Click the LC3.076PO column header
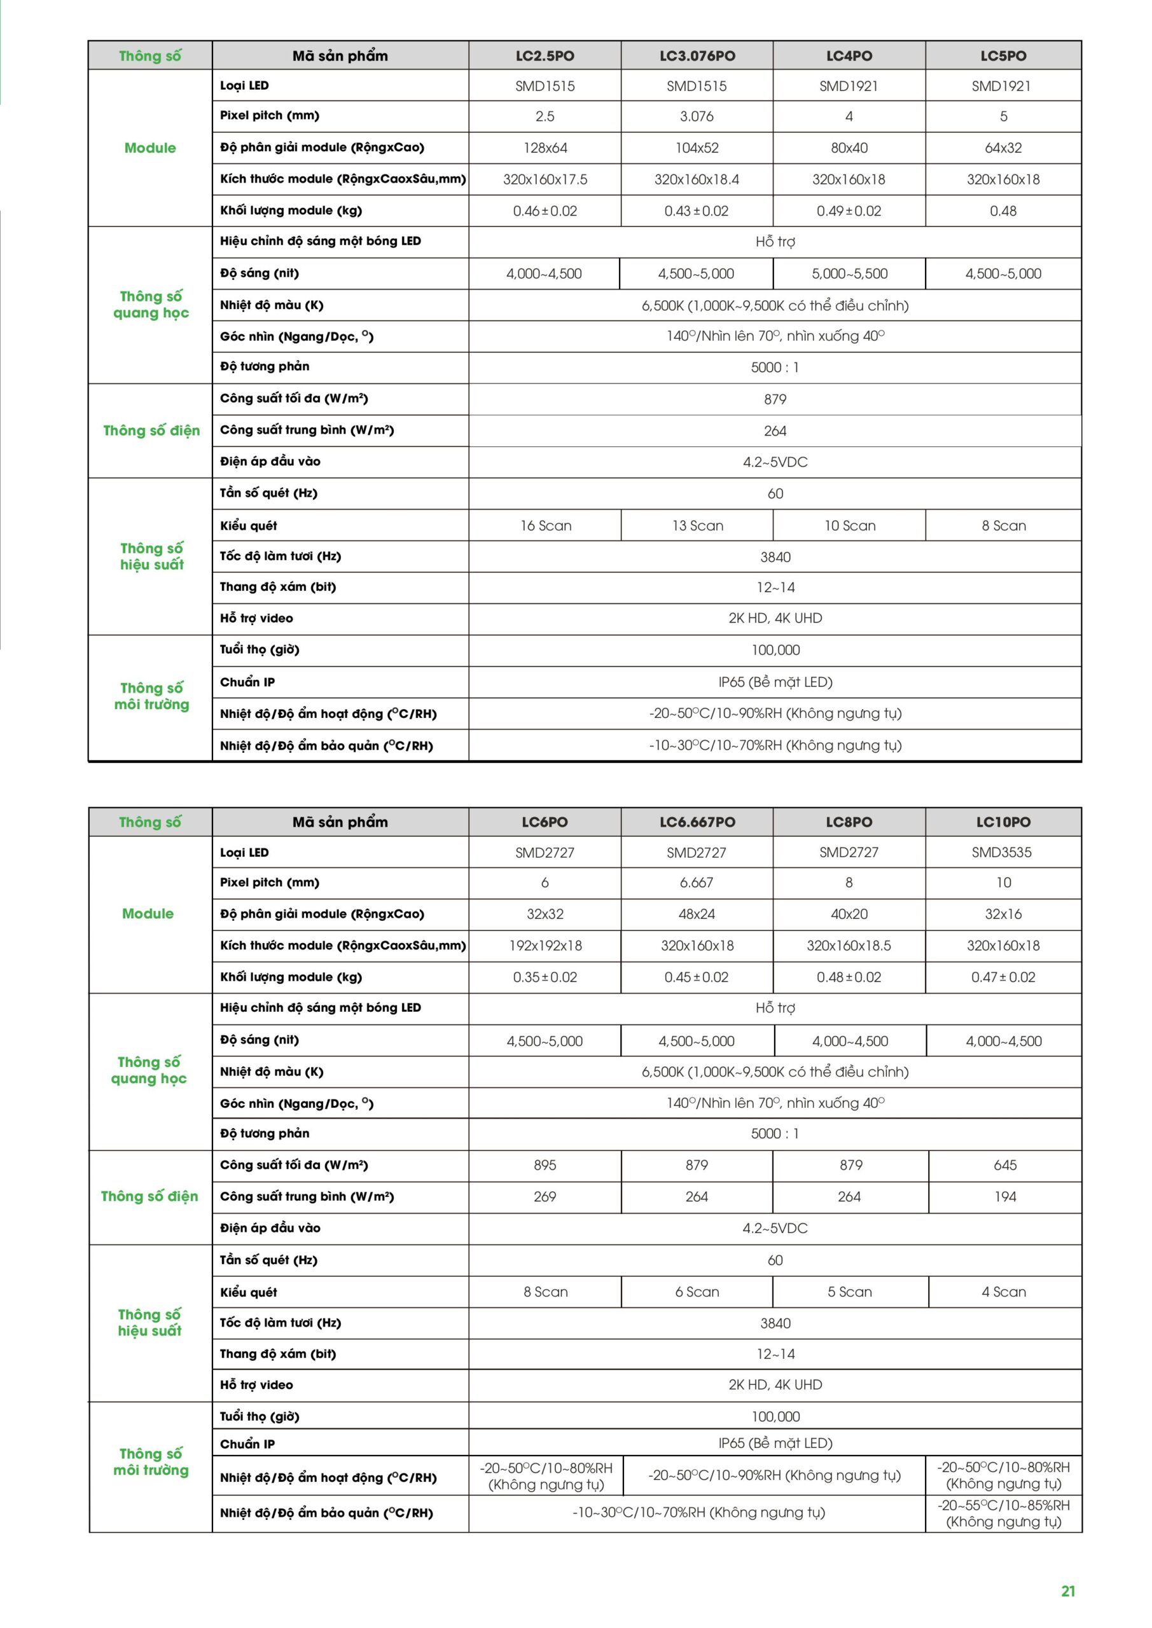(x=697, y=56)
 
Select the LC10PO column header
(x=1003, y=822)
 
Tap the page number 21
(x=1067, y=1591)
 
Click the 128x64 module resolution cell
(x=545, y=148)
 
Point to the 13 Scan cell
(x=697, y=525)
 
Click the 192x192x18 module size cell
(x=545, y=945)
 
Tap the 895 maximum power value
(x=545, y=1165)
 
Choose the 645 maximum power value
(x=1004, y=1165)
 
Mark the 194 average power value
(x=1004, y=1197)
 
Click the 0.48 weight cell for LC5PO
(x=1003, y=210)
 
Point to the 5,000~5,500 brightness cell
(x=849, y=273)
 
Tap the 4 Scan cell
(x=1004, y=1292)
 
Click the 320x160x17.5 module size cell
(x=545, y=179)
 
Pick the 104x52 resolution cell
(x=697, y=148)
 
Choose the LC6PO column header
(x=545, y=822)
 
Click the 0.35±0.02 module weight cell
(x=545, y=977)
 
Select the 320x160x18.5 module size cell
(x=849, y=945)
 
